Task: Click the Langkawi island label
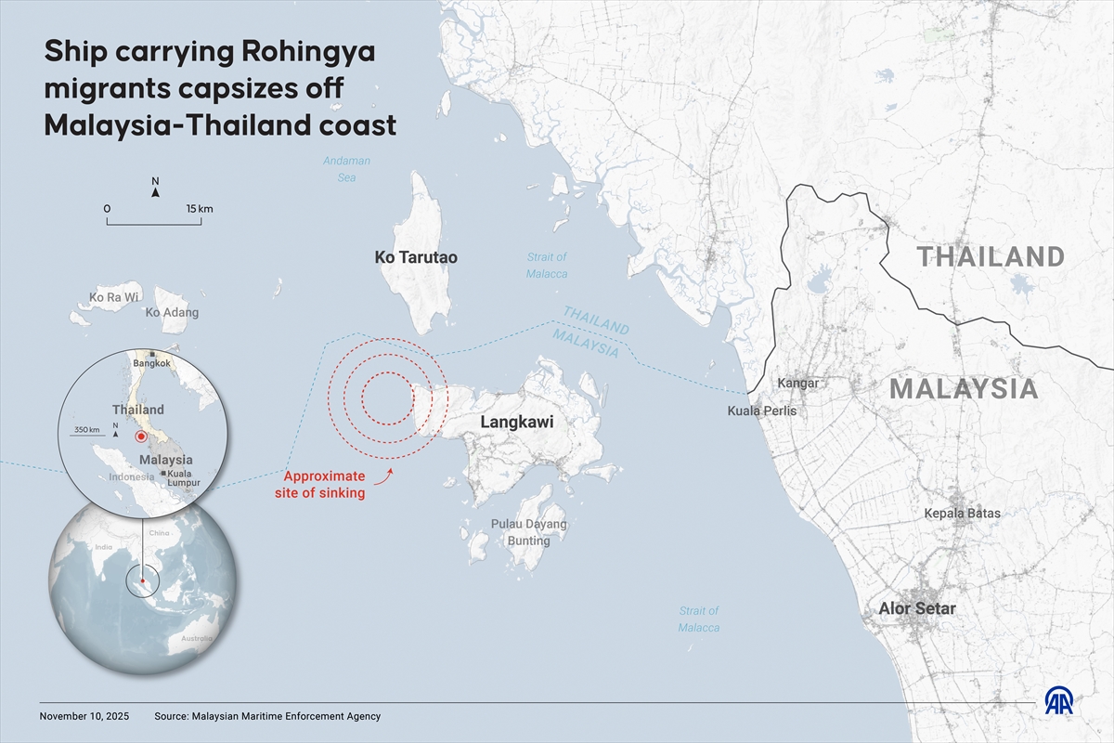516,423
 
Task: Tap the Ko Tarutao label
416,257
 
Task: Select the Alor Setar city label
917,609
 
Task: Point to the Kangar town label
797,383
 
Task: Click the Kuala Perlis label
761,411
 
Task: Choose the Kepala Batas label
962,513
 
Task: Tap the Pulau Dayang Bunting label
528,532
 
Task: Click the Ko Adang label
172,313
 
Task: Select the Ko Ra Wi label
114,297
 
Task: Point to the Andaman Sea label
346,169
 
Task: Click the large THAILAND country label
991,256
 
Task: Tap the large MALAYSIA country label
964,389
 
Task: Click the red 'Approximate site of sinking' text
320,485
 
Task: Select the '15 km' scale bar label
199,209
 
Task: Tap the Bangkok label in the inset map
151,364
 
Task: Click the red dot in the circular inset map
141,437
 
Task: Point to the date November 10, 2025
84,716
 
